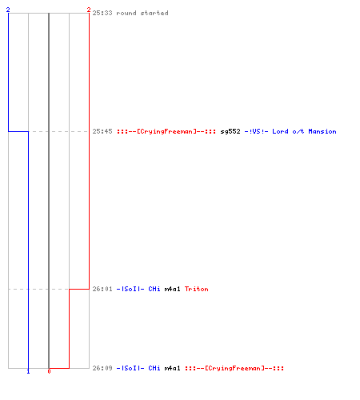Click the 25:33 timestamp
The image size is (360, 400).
coord(102,13)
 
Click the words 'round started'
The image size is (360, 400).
coord(142,13)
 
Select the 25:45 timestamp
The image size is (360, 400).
coord(102,131)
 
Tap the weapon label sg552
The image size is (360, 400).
coord(230,131)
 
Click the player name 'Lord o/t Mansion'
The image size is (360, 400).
coord(304,131)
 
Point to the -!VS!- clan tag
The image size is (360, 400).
coord(256,131)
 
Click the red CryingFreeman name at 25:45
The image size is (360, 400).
coord(166,131)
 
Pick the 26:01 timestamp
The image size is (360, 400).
coord(102,289)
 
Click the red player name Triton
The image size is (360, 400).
coord(197,289)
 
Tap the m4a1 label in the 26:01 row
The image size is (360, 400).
coord(172,289)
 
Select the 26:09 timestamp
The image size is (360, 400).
coord(102,368)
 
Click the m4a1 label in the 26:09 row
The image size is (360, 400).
coord(172,368)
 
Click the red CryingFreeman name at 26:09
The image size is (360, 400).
coord(234,368)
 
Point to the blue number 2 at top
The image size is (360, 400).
coord(8,10)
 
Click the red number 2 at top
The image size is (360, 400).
coord(89,10)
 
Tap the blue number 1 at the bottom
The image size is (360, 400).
coord(28,371)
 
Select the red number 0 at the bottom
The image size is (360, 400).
coord(49,371)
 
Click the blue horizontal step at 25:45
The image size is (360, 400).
coord(18,131)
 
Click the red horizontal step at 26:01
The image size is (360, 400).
coord(79,289)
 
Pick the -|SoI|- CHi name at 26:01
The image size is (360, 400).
coord(138,289)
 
